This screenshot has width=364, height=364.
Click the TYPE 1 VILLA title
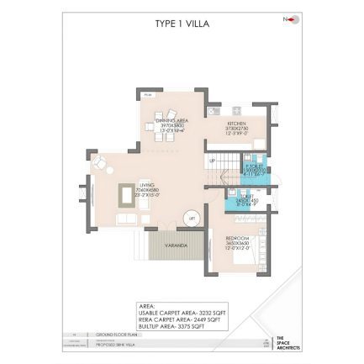[x=182, y=24]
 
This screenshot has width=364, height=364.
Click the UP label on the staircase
[x=213, y=159]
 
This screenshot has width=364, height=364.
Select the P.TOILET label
[x=250, y=166]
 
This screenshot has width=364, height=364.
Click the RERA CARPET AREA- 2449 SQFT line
[x=180, y=318]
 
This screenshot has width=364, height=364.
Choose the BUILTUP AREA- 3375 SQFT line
[x=177, y=324]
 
